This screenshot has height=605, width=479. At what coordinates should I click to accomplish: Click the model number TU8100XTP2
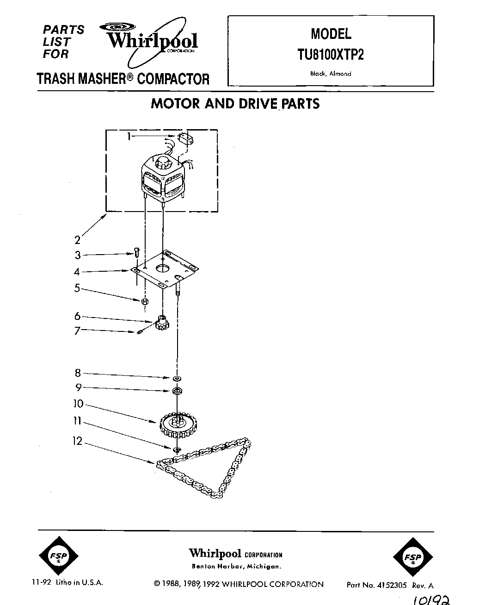click(x=331, y=55)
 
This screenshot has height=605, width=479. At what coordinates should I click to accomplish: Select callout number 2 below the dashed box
click(x=77, y=240)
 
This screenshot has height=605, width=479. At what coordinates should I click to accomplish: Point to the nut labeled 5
click(x=144, y=301)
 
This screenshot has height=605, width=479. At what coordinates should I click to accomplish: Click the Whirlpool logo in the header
click(x=153, y=41)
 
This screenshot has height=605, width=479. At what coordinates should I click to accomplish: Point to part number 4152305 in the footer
click(x=390, y=585)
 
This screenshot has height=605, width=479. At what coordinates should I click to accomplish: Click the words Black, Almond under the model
click(x=331, y=74)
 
